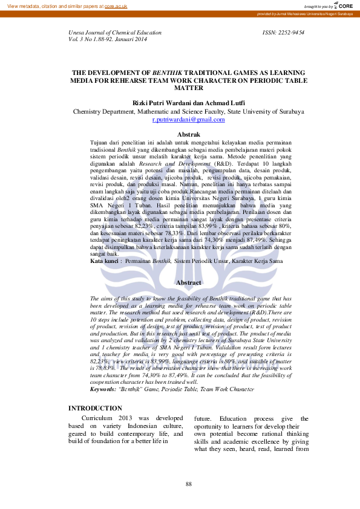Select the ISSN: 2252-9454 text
[x=283, y=33]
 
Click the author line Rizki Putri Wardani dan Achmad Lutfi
[x=188, y=103]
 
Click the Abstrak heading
[x=188, y=134]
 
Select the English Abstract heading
[x=188, y=282]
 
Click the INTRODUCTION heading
[x=95, y=409]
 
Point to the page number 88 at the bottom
[x=188, y=484]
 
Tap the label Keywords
[x=102, y=389]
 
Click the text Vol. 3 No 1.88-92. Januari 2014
[x=108, y=40]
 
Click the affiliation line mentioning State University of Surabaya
[x=188, y=112]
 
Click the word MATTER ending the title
[x=188, y=87]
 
